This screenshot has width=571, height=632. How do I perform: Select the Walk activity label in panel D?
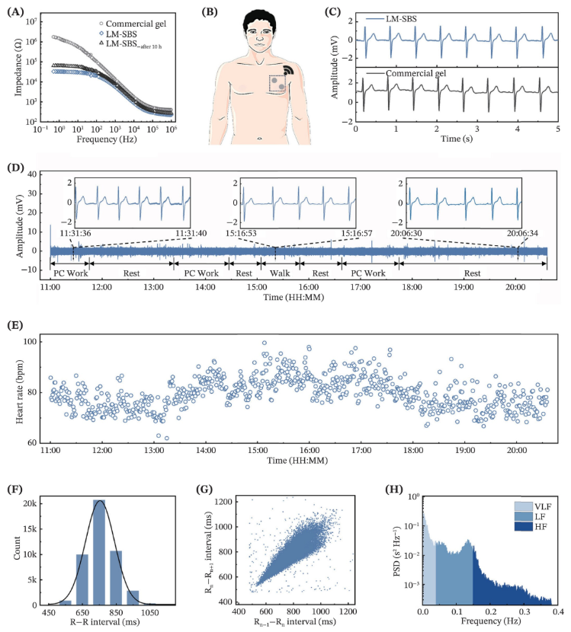click(277, 272)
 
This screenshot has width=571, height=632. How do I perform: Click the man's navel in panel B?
click(263, 139)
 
